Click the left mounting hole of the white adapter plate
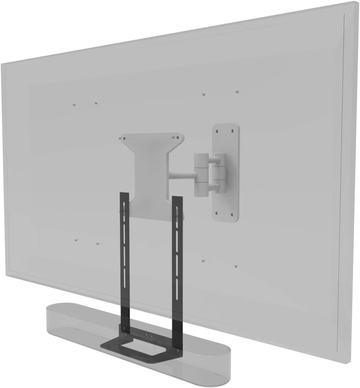click(124, 137)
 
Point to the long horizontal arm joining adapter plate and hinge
click(181, 173)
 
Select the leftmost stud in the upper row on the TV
click(74, 105)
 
